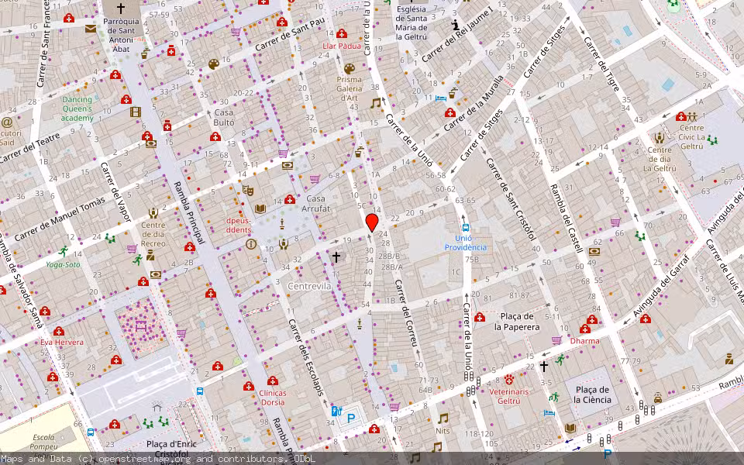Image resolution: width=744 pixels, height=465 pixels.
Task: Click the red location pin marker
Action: (x=372, y=223)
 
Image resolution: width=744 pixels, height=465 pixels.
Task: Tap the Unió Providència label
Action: (x=465, y=242)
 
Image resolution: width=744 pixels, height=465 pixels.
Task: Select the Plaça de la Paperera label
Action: (x=518, y=322)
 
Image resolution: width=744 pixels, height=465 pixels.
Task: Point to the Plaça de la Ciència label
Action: (x=592, y=394)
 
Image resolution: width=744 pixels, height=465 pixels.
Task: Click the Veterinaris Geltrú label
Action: (x=509, y=396)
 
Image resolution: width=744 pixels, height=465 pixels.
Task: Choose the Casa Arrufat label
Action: (x=316, y=204)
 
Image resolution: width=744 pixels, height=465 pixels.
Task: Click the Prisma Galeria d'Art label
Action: (x=349, y=88)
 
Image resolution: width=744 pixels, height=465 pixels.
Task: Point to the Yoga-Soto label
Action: (x=63, y=264)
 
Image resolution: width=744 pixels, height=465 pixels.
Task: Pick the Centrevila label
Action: (x=309, y=286)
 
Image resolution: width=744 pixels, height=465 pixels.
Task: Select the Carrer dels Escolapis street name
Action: (x=306, y=356)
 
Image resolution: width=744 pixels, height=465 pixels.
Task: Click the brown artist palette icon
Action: (x=214, y=64)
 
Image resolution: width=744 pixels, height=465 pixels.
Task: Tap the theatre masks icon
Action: (x=248, y=189)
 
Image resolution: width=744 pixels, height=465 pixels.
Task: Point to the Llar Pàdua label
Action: (x=342, y=46)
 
